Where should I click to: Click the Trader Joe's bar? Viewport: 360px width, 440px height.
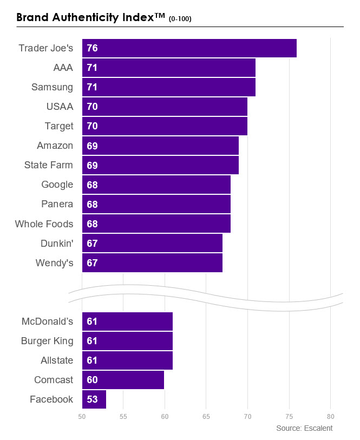tap(189, 48)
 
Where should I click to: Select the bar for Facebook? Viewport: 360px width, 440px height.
tap(94, 399)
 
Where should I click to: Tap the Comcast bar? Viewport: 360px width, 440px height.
tap(123, 380)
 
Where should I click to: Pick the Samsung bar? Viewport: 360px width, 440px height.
tap(169, 87)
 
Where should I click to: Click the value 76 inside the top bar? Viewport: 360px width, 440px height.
tap(92, 48)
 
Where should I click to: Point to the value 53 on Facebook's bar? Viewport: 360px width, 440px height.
tap(92, 399)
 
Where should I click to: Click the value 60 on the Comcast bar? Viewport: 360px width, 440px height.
tap(92, 380)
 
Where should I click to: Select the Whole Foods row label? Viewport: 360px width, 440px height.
tap(44, 224)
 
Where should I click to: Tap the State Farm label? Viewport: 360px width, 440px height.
tap(48, 165)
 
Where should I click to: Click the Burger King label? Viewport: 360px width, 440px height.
tap(47, 341)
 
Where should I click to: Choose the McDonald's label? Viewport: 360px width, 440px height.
tap(47, 321)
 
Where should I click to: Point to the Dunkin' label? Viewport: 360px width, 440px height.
tap(56, 243)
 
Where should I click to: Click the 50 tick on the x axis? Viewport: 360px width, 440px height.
tap(82, 416)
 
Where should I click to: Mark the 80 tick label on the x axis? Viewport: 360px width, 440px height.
tap(331, 416)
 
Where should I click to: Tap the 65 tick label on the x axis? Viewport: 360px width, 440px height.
tap(206, 416)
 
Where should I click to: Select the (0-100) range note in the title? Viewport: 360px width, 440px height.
tap(180, 19)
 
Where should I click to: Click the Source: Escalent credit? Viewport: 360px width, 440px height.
tap(304, 428)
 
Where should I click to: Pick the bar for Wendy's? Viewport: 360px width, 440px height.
tap(152, 263)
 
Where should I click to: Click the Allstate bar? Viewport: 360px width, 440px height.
tap(127, 360)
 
